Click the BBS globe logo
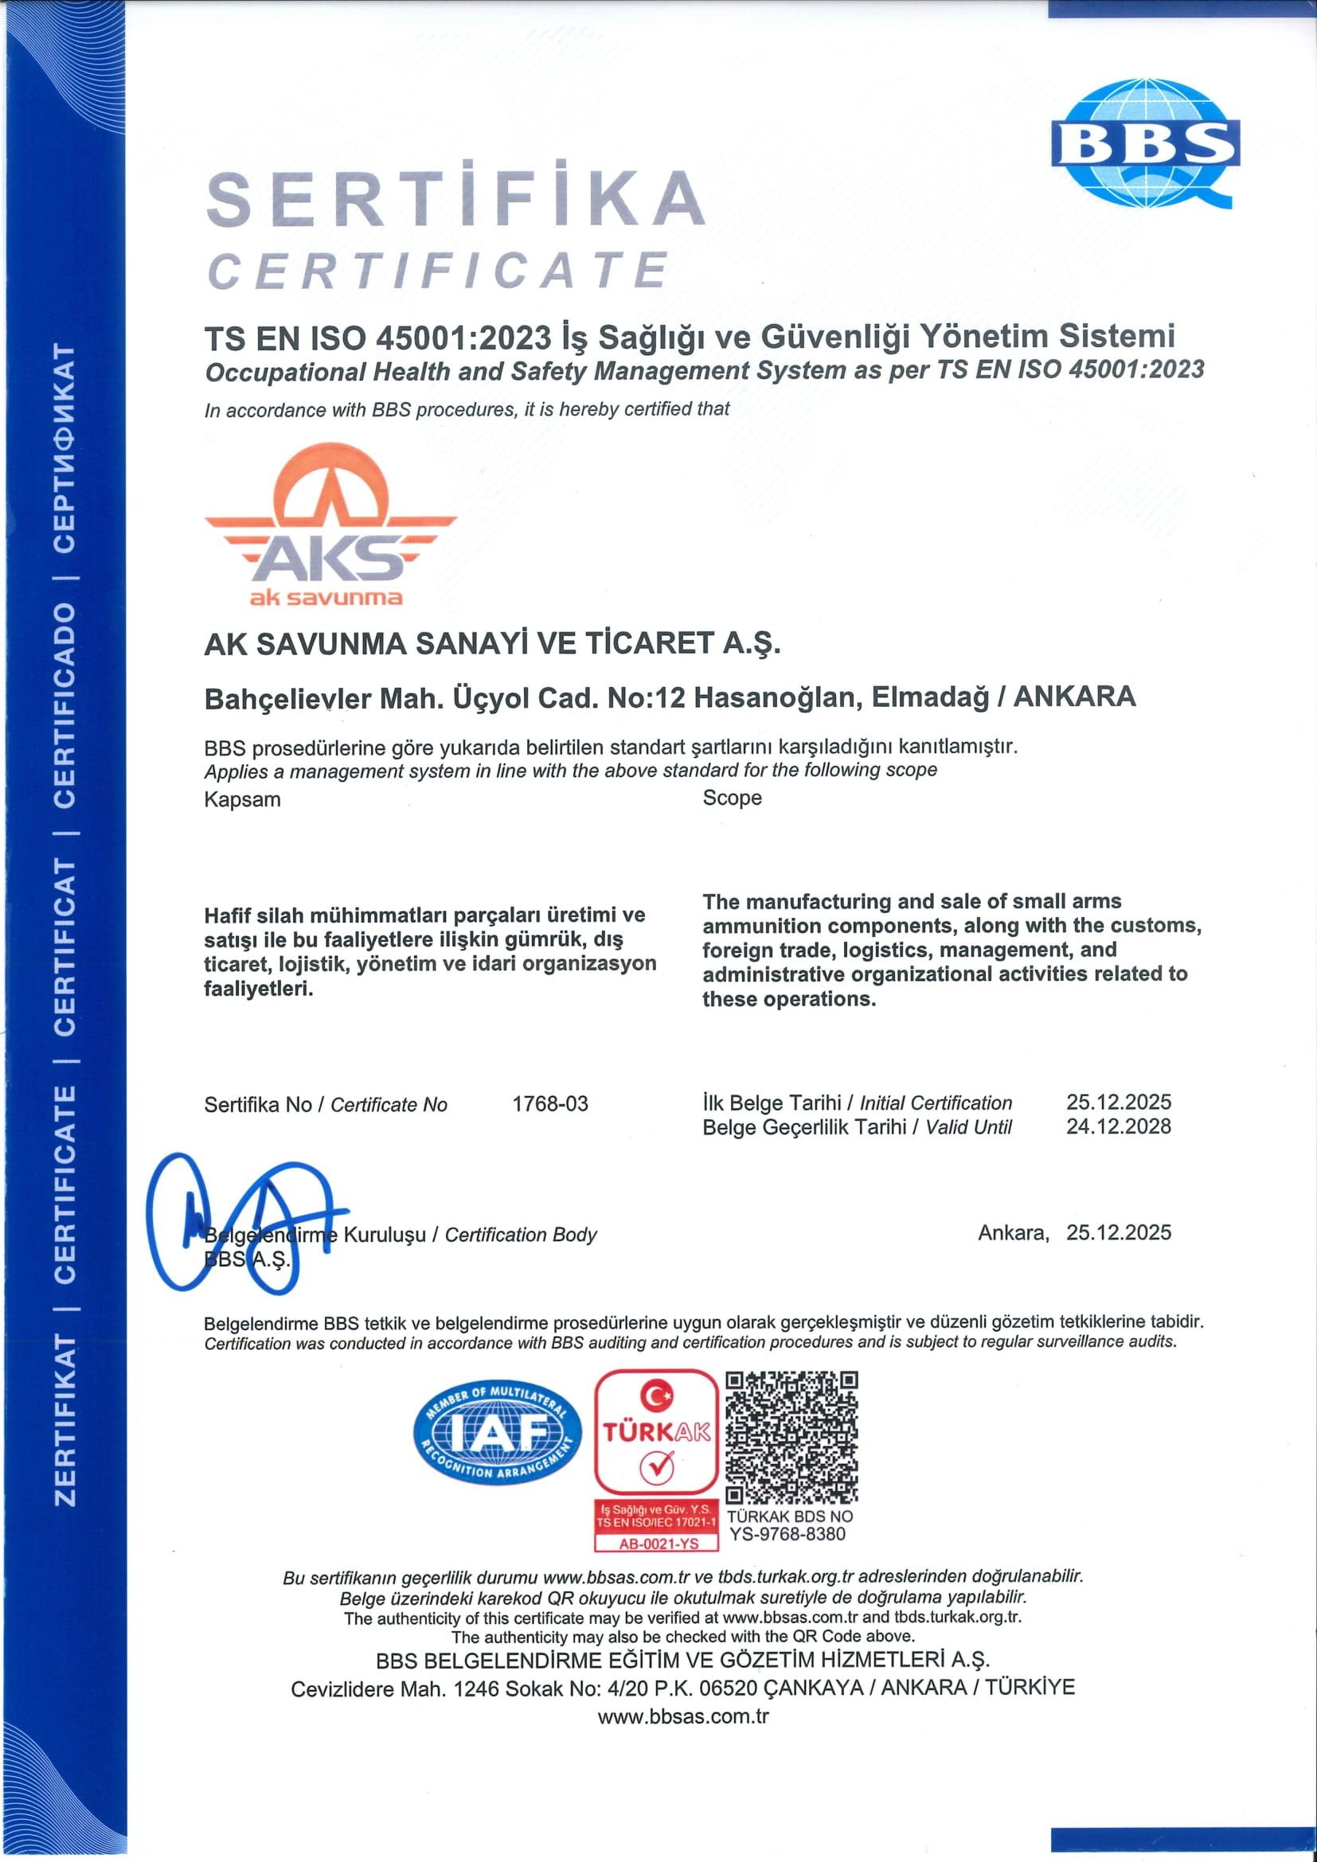1144,143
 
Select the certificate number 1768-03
550,1103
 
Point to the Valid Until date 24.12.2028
1118,1126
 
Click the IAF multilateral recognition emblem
496,1432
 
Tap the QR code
791,1437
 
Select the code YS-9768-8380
787,1534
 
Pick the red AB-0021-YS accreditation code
658,1544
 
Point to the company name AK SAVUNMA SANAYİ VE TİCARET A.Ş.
491,644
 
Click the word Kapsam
242,799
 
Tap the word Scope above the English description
732,798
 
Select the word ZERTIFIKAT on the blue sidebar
64,1420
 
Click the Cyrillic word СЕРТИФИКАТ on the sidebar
64,447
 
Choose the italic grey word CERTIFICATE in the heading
438,270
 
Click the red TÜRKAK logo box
656,1432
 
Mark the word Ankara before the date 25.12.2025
1012,1232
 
